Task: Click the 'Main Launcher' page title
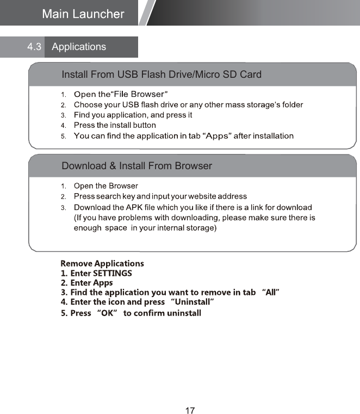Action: pos(83,14)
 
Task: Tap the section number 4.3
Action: pos(34,47)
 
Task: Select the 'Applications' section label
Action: pos(79,47)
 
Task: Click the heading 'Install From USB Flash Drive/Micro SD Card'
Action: pos(162,75)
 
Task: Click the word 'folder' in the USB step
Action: pos(291,104)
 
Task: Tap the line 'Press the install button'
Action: pos(115,125)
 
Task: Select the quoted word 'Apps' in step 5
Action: pos(217,135)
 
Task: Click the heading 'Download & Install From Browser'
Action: pos(137,165)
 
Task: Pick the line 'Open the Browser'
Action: pos(106,186)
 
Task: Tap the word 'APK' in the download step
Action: pos(134,207)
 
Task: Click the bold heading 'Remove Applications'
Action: pos(102,263)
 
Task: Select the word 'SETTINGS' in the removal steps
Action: pos(112,273)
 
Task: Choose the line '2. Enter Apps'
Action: pos(87,283)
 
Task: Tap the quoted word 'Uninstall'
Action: pos(193,302)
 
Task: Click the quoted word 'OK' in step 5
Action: pos(107,313)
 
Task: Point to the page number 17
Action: pos(190,411)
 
